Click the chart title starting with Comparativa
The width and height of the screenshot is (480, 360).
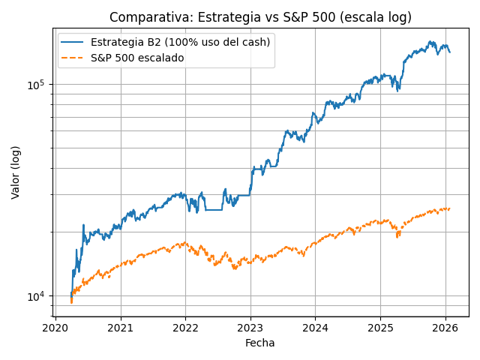tap(260, 17)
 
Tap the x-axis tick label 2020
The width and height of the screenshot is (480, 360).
tap(55, 327)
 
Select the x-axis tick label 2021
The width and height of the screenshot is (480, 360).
tap(120, 327)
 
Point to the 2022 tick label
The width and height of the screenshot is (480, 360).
tap(185, 327)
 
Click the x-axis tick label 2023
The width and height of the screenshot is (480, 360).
tap(250, 327)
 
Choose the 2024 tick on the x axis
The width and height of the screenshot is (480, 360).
tap(315, 327)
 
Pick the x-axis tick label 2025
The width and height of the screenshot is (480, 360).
tap(380, 327)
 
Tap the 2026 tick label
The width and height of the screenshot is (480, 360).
tap(445, 327)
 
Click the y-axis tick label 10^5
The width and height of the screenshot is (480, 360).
tap(35, 85)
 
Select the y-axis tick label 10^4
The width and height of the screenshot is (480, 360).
tap(35, 296)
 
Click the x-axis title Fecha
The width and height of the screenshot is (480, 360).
tap(260, 343)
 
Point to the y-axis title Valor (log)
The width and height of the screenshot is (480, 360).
tap(16, 172)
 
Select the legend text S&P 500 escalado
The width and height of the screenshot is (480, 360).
tap(137, 58)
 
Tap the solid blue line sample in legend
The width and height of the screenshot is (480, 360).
tap(73, 43)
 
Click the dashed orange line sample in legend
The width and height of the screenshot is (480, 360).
tap(73, 58)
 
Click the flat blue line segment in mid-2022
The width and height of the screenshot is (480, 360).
tap(214, 209)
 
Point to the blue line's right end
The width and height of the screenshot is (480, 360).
tap(449, 52)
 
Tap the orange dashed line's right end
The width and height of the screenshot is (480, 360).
tap(449, 208)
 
